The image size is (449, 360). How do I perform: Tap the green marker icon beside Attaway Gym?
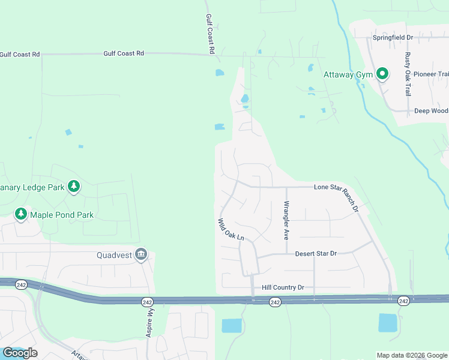pos(382,74)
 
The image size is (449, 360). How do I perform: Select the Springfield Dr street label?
pos(393,37)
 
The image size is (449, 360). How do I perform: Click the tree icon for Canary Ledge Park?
pos(74,187)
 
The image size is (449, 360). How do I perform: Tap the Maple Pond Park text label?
pos(62,214)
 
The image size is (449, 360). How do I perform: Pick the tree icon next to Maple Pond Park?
pos(21,214)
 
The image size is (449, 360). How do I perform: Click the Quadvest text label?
pos(115,254)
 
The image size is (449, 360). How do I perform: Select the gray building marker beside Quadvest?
pos(141,254)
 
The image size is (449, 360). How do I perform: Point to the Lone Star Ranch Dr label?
pos(336,197)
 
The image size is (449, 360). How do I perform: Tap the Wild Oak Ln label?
pos(231,229)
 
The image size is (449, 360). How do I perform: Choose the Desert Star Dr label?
pos(316,254)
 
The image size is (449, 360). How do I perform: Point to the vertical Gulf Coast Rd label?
pos(210,34)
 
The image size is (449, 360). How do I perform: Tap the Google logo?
pos(20,352)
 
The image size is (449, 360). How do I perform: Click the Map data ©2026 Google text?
pos(412,355)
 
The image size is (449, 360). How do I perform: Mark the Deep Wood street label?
pos(431,111)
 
